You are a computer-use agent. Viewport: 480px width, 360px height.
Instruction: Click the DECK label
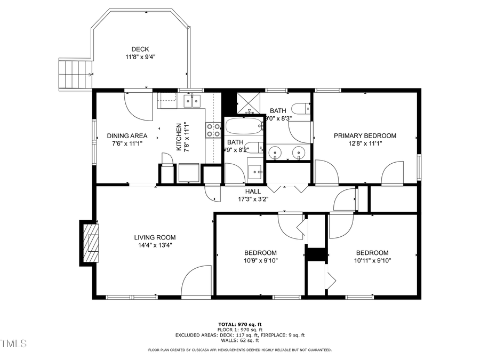pyautogui.click(x=140, y=49)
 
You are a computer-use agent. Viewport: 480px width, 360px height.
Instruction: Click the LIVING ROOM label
pyautogui.click(x=155, y=238)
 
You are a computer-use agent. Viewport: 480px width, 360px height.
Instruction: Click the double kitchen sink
pyautogui.click(x=191, y=100)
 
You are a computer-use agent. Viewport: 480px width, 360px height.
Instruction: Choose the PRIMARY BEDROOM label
pyautogui.click(x=365, y=135)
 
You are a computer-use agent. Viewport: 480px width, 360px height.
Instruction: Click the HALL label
pyautogui.click(x=253, y=191)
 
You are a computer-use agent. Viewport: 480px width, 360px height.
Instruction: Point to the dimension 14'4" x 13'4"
pyautogui.click(x=155, y=246)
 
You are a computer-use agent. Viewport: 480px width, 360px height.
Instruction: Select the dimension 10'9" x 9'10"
pyautogui.click(x=260, y=261)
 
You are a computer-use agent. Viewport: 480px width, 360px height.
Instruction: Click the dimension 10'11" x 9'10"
pyautogui.click(x=372, y=261)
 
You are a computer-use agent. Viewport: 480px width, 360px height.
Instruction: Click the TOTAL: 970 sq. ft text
pyautogui.click(x=239, y=324)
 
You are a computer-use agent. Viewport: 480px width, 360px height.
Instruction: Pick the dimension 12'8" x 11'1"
pyautogui.click(x=365, y=143)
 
